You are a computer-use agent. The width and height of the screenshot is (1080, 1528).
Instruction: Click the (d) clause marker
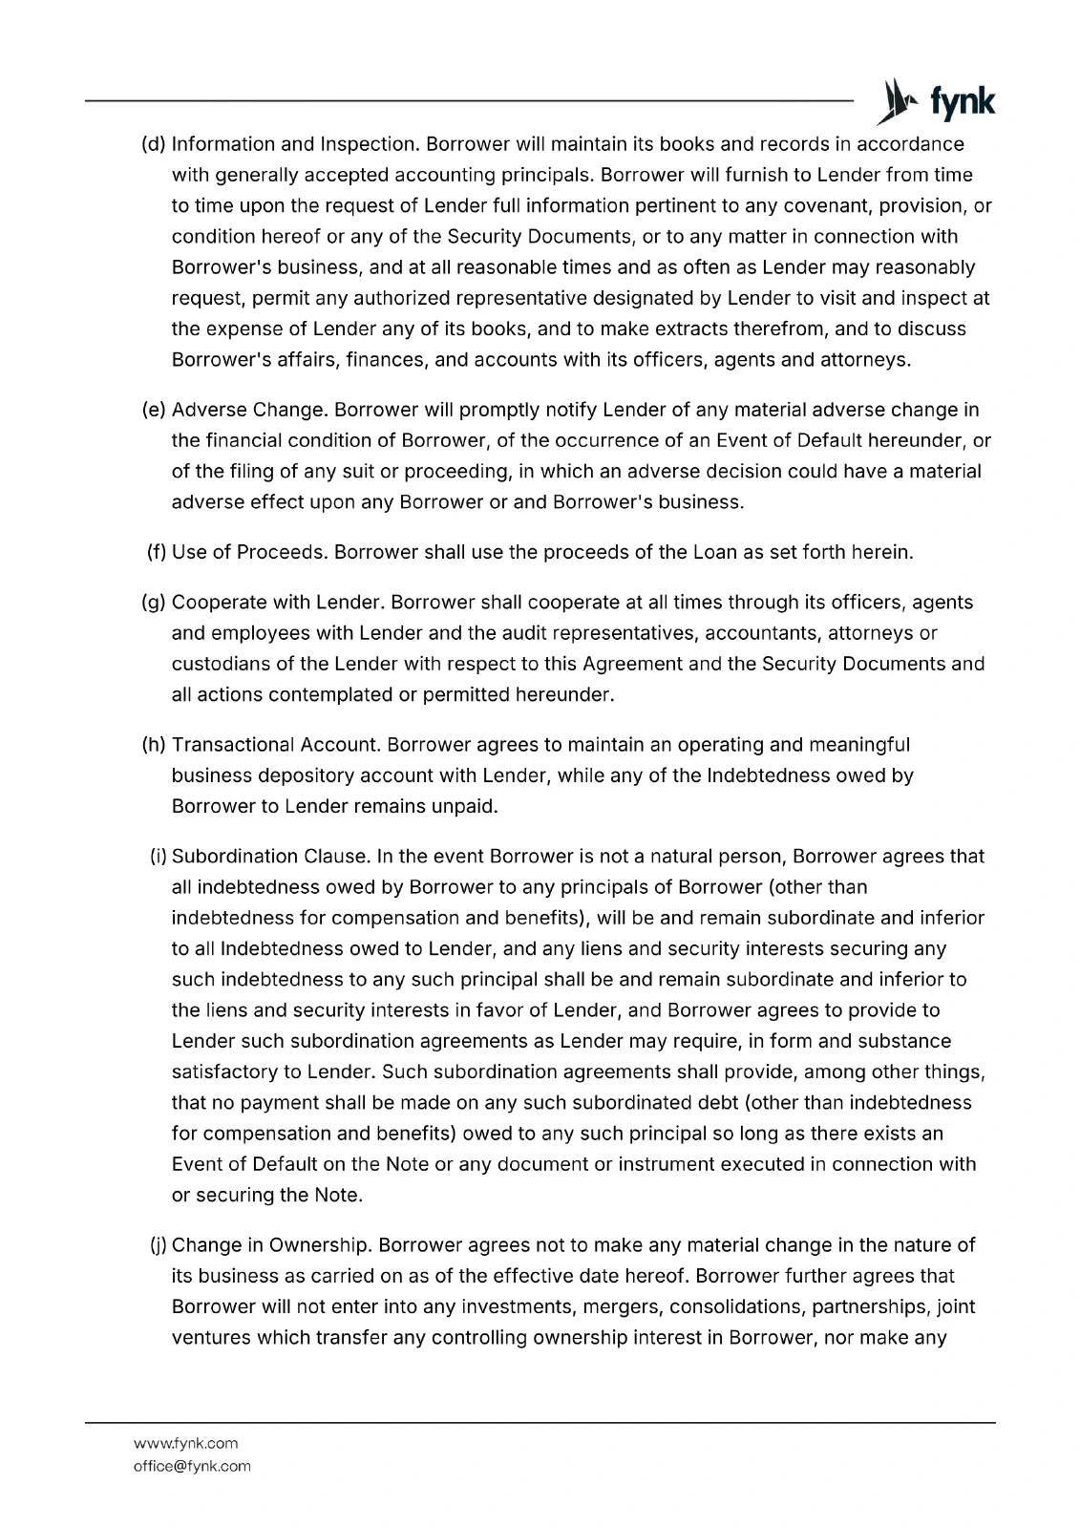153,144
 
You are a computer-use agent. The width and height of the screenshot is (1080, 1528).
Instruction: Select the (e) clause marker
153,410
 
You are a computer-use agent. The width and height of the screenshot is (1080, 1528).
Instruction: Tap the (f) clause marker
157,552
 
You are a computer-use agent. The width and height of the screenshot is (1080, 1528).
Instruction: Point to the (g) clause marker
153,603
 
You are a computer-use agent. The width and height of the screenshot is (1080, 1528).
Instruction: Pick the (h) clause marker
153,745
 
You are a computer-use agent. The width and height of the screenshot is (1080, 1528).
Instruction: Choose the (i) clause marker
158,857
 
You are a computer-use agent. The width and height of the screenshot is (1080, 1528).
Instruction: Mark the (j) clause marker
158,1245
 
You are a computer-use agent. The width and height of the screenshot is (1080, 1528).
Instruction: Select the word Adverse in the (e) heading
209,410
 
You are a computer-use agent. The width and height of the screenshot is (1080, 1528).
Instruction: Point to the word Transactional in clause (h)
232,745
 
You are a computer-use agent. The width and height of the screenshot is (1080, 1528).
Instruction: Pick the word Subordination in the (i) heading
235,857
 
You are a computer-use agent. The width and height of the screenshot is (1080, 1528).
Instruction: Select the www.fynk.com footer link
185,1443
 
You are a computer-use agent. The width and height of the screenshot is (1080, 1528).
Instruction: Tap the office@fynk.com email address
192,1466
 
